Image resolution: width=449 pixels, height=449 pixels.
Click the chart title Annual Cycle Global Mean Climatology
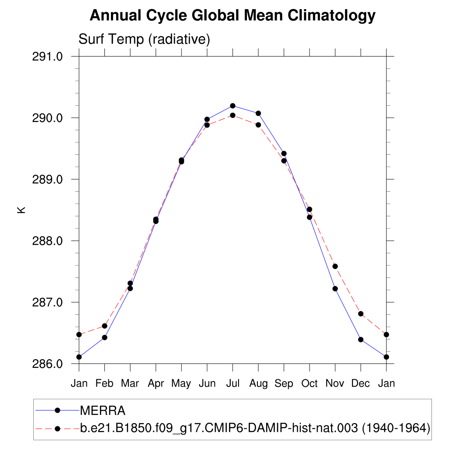click(232, 16)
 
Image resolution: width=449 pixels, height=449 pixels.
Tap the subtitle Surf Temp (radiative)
click(144, 39)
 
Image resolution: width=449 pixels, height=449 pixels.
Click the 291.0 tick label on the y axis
click(48, 57)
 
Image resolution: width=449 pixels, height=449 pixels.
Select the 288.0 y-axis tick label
click(48, 241)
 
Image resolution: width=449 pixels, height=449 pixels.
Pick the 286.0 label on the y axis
click(48, 364)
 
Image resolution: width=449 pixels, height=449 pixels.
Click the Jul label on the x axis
click(232, 384)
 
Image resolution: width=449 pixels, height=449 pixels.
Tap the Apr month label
click(156, 384)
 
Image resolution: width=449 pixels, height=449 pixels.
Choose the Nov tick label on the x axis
click(335, 384)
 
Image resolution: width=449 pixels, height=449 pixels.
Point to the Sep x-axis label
click(284, 384)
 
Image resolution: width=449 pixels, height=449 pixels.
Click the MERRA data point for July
click(233, 106)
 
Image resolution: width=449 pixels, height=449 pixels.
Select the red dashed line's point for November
click(335, 266)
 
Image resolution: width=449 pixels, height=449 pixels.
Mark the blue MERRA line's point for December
click(360, 339)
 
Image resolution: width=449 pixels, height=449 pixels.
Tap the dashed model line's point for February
click(104, 326)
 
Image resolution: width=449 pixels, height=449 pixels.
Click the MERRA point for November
click(335, 289)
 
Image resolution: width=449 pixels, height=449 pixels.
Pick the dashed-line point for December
click(360, 314)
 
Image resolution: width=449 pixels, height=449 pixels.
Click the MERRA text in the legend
click(103, 411)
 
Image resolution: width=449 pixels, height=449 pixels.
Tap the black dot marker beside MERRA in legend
click(57, 410)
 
